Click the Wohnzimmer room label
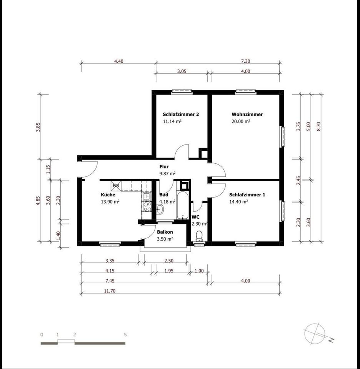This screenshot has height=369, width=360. pyautogui.click(x=247, y=115)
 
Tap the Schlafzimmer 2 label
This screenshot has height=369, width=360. pyautogui.click(x=181, y=115)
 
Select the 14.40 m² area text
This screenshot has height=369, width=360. pyautogui.click(x=238, y=202)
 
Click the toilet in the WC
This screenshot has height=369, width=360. pyautogui.click(x=199, y=236)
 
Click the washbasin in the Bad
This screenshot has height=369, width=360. pyautogui.click(x=160, y=209)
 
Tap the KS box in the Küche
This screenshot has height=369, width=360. pyautogui.click(x=116, y=185)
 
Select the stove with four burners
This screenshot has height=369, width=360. pyautogui.click(x=147, y=207)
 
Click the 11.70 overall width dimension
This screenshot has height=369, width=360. pyautogui.click(x=110, y=291)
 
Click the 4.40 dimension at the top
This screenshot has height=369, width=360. pyautogui.click(x=119, y=61)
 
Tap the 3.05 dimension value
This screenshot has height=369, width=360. pyautogui.click(x=182, y=71)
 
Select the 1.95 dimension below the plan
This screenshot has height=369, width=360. pyautogui.click(x=169, y=271)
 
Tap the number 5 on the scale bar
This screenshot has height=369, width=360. pyautogui.click(x=125, y=335)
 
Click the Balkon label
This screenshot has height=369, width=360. pyautogui.click(x=165, y=232)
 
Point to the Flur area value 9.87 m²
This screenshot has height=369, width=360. pyautogui.click(x=167, y=174)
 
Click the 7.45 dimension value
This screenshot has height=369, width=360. pyautogui.click(x=110, y=281)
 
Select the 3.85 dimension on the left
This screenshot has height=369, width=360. pyautogui.click(x=38, y=127)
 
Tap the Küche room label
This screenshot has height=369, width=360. pyautogui.click(x=108, y=194)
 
